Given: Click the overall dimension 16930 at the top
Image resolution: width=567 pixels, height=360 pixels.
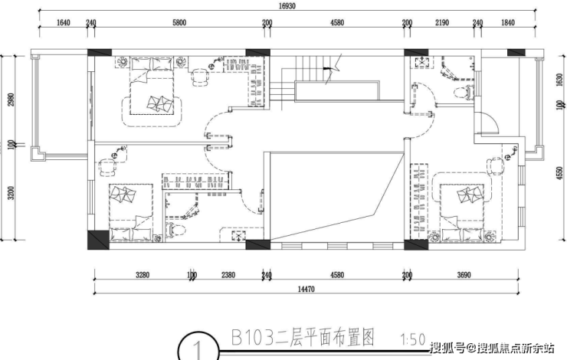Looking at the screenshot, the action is [287, 6].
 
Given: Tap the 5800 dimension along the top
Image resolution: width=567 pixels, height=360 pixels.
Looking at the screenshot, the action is [179, 23].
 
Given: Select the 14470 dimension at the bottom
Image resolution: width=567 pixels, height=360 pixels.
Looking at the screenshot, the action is [306, 290].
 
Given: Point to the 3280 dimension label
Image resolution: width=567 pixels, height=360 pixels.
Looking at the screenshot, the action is [143, 275].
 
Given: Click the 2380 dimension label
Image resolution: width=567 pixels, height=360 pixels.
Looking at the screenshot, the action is [228, 275].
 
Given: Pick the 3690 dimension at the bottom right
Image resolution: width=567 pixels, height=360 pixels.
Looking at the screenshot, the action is [464, 275].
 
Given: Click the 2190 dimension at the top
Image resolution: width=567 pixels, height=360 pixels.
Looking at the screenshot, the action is [442, 23].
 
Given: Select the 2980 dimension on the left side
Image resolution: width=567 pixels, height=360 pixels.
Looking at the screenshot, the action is [11, 100].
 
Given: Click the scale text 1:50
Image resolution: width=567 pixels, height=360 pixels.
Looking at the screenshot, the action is [412, 339].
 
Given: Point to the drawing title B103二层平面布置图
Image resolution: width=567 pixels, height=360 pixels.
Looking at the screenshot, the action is [303, 338].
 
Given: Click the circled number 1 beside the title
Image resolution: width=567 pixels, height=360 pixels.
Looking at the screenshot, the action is [198, 348].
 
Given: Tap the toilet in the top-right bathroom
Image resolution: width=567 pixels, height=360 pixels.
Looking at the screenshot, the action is [464, 92].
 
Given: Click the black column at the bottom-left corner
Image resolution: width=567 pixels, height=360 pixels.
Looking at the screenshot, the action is [98, 240].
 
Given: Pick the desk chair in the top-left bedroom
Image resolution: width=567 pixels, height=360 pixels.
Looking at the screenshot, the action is [200, 77].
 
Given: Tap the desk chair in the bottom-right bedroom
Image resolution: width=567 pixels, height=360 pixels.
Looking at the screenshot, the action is [495, 167].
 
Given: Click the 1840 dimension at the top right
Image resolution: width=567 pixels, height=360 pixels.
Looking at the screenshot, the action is [508, 23].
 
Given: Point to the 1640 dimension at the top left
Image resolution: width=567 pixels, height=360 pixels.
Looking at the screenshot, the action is [64, 23].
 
